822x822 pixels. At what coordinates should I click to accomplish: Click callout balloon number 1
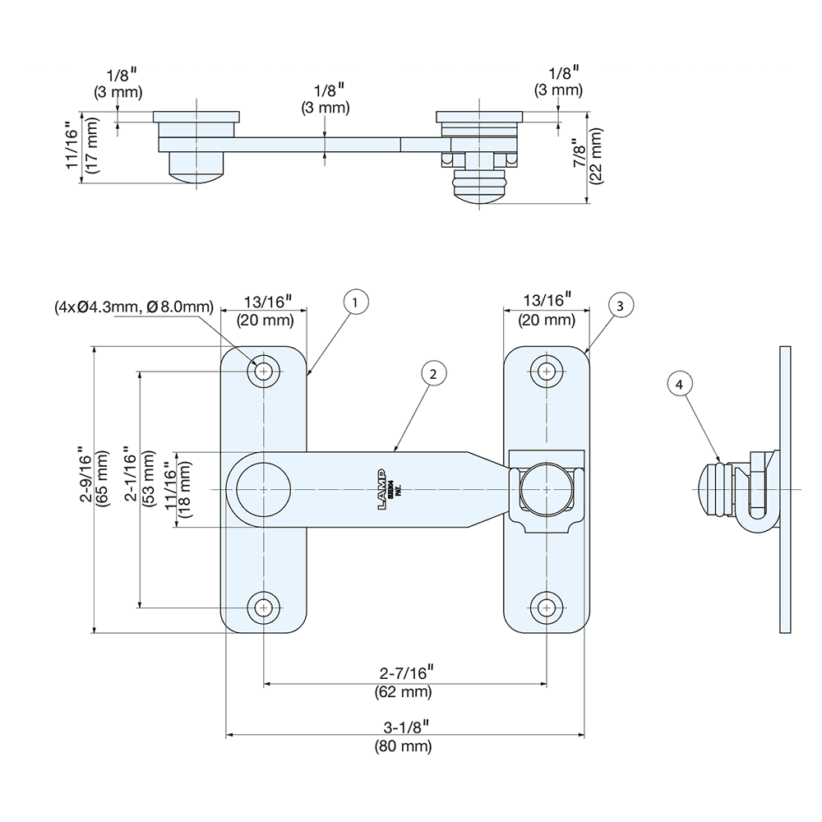pyautogui.click(x=354, y=302)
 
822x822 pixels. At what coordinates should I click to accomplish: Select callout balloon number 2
pyautogui.click(x=432, y=373)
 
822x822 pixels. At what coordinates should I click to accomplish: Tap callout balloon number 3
pyautogui.click(x=621, y=304)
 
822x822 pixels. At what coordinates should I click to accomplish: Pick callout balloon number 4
pyautogui.click(x=678, y=384)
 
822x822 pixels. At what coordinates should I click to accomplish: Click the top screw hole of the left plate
pyautogui.click(x=264, y=372)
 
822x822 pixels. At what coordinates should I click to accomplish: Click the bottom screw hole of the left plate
pyautogui.click(x=264, y=608)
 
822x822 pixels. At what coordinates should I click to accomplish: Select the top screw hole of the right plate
pyautogui.click(x=546, y=372)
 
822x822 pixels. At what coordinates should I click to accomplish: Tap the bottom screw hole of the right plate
pyautogui.click(x=546, y=608)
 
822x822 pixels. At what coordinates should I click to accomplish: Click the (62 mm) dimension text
pyautogui.click(x=404, y=692)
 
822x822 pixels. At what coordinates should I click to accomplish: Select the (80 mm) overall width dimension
pyautogui.click(x=404, y=747)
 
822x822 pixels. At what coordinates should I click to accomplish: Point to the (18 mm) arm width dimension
pyautogui.click(x=186, y=491)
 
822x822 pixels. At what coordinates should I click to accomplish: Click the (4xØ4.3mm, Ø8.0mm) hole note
pyautogui.click(x=134, y=307)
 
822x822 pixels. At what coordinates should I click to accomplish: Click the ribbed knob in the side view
pyautogui.click(x=712, y=489)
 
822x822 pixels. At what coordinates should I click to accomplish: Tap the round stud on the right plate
pyautogui.click(x=546, y=489)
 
